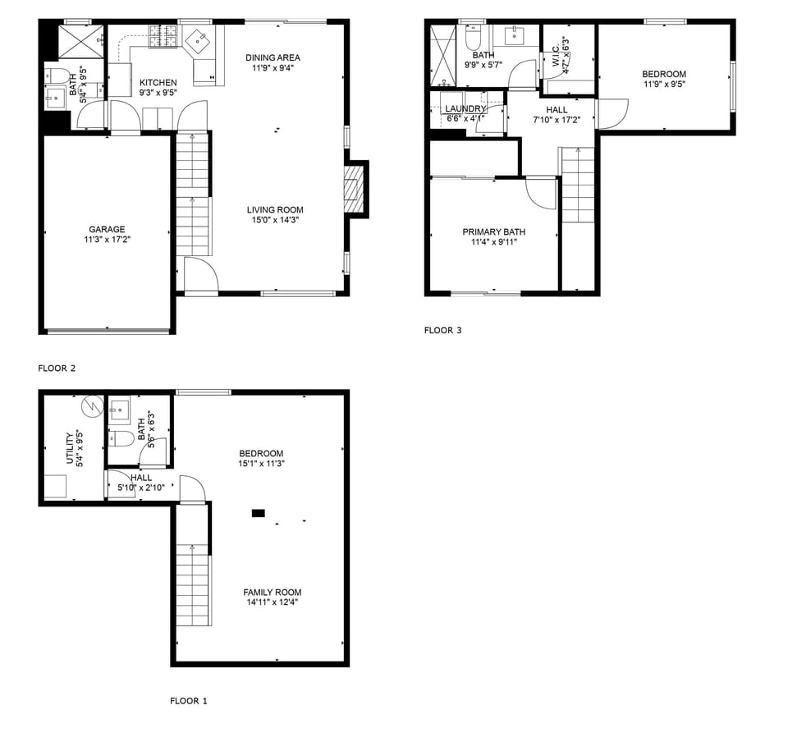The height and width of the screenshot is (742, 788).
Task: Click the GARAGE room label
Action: [x=107, y=230]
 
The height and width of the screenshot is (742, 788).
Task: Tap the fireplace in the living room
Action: [x=353, y=188]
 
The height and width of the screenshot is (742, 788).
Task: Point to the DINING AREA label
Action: [x=273, y=57]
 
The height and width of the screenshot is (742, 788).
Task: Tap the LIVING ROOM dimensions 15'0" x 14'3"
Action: [x=275, y=220]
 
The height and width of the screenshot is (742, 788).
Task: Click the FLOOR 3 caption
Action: [x=442, y=331]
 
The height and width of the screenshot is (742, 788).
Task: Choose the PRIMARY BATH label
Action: [x=493, y=232]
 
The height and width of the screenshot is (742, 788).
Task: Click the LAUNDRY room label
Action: [x=465, y=108]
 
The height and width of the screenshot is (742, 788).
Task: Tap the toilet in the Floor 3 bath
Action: [x=474, y=38]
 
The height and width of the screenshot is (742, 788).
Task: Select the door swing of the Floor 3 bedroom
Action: [x=613, y=113]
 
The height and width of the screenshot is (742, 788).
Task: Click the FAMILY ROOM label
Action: [x=272, y=593]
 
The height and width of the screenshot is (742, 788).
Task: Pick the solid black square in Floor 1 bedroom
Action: [x=258, y=513]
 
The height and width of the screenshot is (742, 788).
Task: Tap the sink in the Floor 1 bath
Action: [x=120, y=408]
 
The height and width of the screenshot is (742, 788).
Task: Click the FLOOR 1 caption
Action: [x=189, y=701]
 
